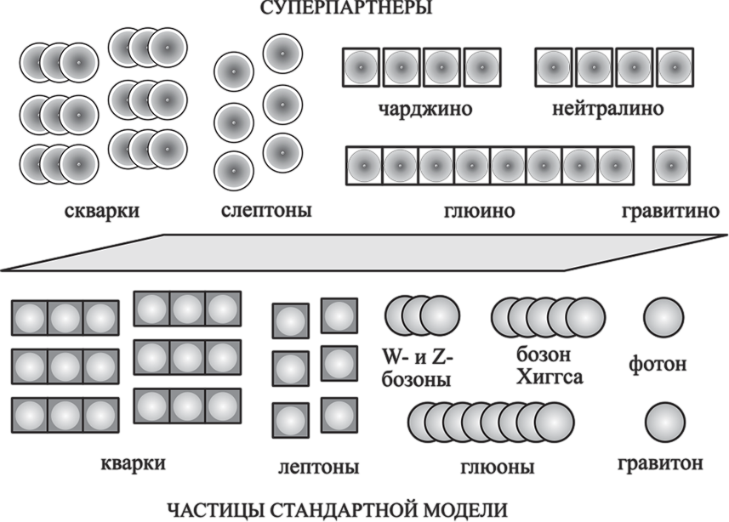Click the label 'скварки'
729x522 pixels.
tap(102, 211)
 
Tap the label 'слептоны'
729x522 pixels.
tap(265, 211)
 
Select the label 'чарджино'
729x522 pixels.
tap(425, 110)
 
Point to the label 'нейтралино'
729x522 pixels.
tap(607, 110)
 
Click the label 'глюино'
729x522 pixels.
tap(480, 211)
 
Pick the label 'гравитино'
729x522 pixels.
tap(673, 211)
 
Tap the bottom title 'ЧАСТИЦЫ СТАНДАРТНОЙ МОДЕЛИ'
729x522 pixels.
tap(337, 510)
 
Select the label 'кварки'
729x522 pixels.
tap(133, 463)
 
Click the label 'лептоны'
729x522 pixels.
tap(318, 468)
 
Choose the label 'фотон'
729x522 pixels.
tap(658, 365)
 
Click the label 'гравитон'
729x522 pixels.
tap(661, 463)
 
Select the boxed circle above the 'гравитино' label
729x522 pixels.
tap(671, 165)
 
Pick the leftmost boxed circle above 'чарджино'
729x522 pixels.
tap(362, 66)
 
